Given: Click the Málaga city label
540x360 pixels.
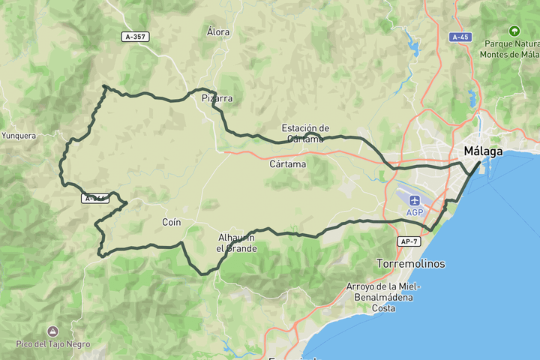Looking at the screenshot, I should (483, 151).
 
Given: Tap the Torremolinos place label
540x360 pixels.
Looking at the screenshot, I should (410, 264).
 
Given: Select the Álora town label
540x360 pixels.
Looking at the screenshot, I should (218, 32).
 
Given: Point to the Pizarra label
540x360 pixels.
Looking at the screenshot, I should (217, 98).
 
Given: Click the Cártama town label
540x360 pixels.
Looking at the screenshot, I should (287, 163).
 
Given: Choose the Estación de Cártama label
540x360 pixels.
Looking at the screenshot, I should (305, 133).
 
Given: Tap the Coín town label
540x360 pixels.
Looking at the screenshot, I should (172, 222).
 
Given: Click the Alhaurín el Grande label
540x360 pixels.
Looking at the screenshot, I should (236, 243).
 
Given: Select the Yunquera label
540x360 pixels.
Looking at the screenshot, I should (19, 136).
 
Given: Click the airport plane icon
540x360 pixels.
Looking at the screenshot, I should (415, 200).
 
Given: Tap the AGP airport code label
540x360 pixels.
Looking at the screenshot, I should (415, 213).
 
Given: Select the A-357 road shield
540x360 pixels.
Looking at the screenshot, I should (135, 36).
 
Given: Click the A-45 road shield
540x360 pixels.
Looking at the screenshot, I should (460, 37).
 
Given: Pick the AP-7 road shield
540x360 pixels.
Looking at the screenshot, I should (409, 241).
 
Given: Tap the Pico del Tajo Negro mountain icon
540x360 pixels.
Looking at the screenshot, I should (52, 331).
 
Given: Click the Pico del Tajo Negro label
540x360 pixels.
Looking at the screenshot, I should (52, 344).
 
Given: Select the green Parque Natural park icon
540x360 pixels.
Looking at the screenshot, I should (514, 31).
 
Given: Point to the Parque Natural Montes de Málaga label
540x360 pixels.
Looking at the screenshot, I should (511, 49).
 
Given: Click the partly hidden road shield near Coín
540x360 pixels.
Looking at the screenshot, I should (95, 199).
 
